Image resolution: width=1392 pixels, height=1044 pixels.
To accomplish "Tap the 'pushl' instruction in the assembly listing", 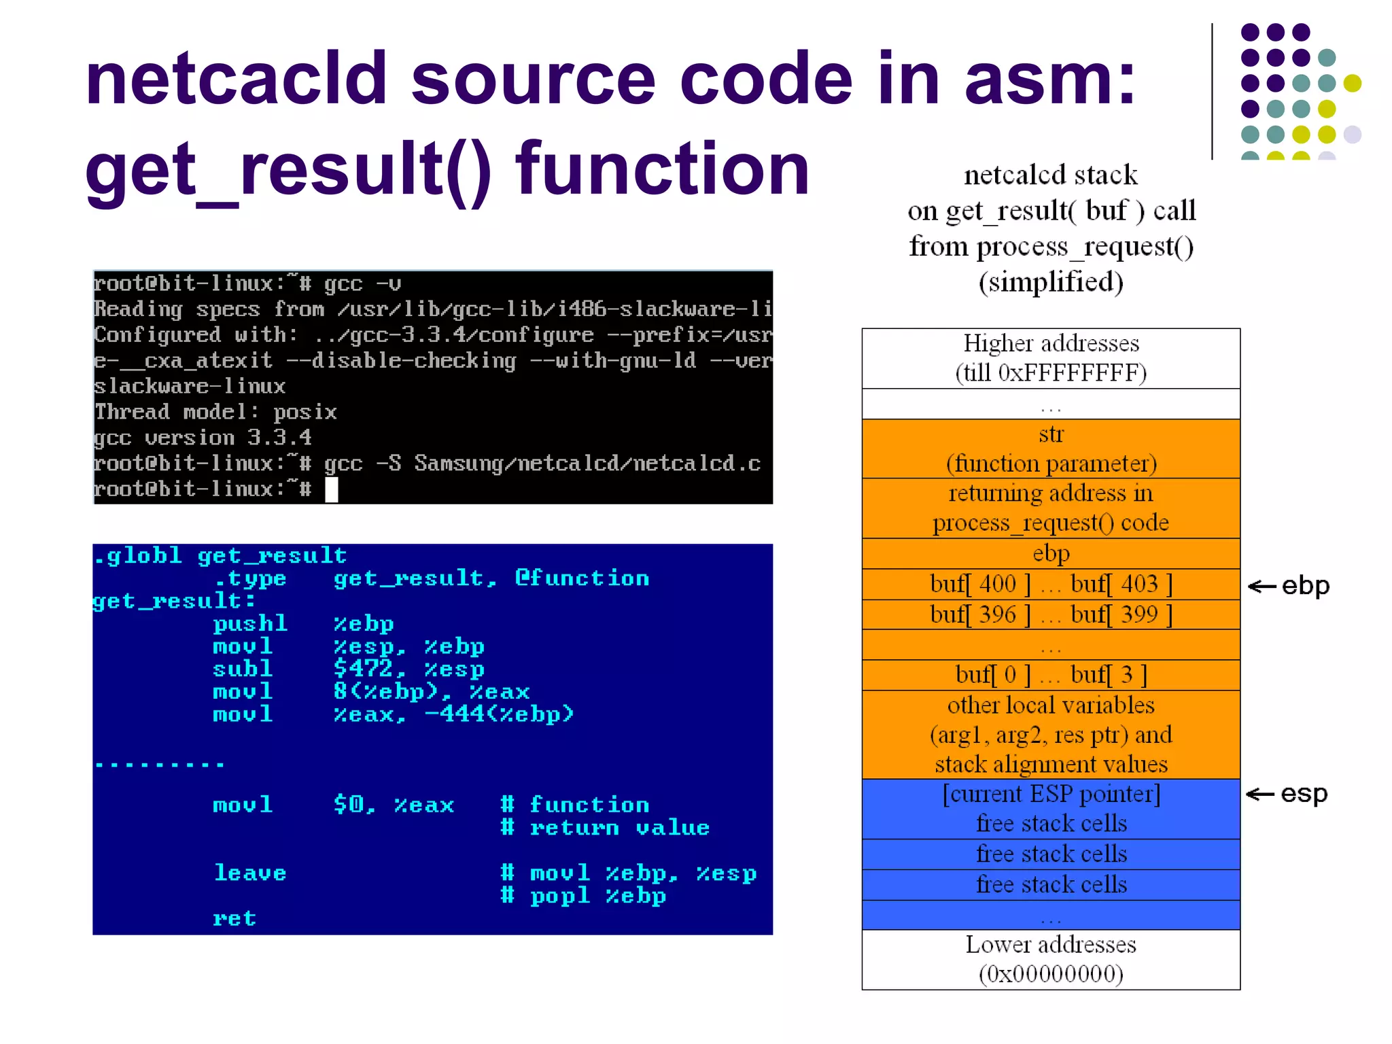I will [249, 623].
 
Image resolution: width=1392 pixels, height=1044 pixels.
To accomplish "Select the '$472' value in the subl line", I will [363, 669].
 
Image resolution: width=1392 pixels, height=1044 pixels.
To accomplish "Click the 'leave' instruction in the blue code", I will [249, 873].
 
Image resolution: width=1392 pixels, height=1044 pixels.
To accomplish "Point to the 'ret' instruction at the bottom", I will [234, 918].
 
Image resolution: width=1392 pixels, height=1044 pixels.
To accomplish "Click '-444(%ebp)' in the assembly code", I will [500, 714].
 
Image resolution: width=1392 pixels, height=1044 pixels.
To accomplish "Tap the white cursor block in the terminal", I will [332, 489].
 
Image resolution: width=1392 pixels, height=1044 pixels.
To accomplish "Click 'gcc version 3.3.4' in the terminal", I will [203, 437].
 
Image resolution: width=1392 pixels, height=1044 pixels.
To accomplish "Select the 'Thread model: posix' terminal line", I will [215, 412].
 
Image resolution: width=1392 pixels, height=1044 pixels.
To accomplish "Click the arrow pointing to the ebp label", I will [1262, 587].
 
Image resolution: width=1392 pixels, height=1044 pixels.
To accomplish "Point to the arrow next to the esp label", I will [1261, 794].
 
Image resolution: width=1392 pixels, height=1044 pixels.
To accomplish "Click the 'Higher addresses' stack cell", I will [1051, 358].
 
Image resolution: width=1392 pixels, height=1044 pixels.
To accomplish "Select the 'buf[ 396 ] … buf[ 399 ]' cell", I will [1051, 614].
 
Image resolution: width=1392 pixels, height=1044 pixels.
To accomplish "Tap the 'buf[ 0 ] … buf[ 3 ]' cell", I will [1051, 675].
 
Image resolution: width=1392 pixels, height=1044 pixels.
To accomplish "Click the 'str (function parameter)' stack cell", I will [1051, 449].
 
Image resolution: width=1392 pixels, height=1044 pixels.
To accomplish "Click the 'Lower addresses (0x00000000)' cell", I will [1051, 959].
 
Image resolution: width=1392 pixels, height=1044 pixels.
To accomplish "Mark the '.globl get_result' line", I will [220, 556].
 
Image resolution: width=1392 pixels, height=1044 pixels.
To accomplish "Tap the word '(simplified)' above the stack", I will [1051, 282].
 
